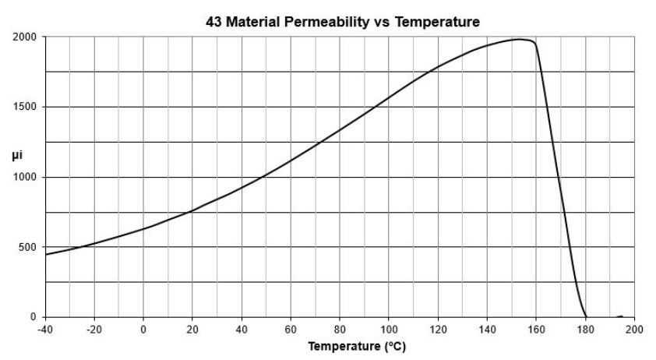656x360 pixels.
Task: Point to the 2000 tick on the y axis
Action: point(25,37)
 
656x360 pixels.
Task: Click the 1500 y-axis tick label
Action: point(25,107)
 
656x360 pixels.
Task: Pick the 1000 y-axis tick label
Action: point(25,177)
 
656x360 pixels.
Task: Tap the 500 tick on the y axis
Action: point(27,247)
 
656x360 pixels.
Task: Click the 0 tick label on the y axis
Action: point(34,317)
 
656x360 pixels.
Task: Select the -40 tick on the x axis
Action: point(45,328)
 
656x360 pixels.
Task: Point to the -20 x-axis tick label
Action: point(94,328)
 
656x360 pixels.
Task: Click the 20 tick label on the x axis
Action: point(192,328)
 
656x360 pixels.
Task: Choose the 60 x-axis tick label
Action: point(291,328)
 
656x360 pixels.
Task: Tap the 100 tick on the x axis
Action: point(389,328)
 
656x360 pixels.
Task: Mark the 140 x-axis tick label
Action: point(487,328)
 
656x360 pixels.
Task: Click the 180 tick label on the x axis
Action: point(585,328)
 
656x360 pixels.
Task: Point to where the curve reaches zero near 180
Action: point(585,316)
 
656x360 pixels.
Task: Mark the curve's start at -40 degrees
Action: point(46,255)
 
